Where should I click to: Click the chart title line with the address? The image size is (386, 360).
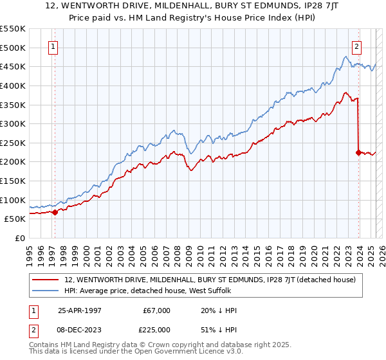192,6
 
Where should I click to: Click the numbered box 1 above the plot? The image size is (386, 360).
51,46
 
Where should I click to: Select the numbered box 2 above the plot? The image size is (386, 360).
356,46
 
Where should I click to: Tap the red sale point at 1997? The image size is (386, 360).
55,212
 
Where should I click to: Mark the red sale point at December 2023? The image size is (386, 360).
358,152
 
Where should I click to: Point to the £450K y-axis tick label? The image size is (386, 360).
13,66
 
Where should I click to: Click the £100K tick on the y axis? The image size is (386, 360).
13,200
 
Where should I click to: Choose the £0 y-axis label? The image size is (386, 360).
19,238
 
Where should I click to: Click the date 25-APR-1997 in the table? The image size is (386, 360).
81,310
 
